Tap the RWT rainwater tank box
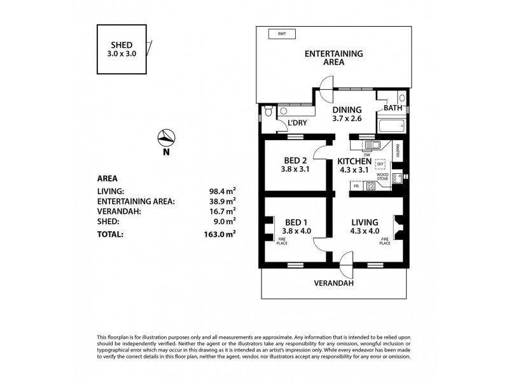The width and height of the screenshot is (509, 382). pos(277,34)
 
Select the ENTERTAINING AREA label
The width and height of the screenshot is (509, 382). pos(333,58)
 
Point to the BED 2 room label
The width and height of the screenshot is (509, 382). pos(295,164)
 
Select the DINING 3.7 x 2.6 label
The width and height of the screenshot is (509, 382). pos(347,113)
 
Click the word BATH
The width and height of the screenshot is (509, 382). pos(393,109)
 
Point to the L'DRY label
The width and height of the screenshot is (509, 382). pos(297,123)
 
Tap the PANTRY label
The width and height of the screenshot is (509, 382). pos(396,151)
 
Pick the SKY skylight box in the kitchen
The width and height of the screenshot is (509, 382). pos(380,163)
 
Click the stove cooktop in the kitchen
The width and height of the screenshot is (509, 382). pos(370,187)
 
